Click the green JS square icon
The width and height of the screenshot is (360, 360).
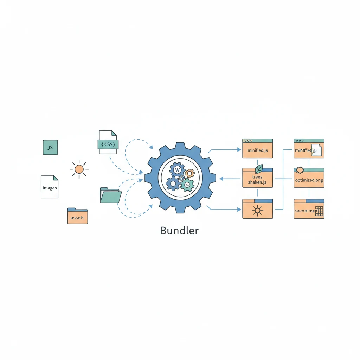50,147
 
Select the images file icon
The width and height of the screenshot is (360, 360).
50,187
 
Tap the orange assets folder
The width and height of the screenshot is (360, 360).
78,216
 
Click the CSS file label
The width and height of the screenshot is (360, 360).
108,144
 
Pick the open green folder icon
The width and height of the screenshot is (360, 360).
110,195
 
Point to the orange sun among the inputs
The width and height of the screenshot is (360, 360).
79,169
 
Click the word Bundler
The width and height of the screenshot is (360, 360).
179,231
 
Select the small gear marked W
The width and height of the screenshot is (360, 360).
177,170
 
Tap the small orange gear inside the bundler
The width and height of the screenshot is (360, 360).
189,173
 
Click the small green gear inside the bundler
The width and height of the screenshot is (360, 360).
187,184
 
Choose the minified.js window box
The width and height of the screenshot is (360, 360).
258,148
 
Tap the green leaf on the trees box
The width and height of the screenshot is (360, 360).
259,168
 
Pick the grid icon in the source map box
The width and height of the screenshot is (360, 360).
319,211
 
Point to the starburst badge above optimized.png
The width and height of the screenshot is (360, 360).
300,171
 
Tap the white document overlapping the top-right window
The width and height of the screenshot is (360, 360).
316,150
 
